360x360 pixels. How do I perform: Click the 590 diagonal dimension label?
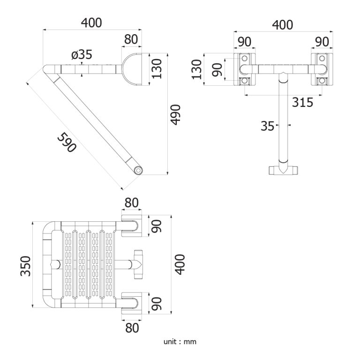67,142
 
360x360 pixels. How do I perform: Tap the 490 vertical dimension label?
176,115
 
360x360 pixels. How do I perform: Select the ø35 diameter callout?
82,55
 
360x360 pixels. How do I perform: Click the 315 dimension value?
302,102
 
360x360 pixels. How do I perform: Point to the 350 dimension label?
25,266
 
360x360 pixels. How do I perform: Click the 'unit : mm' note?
180,342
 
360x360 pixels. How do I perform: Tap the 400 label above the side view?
91,22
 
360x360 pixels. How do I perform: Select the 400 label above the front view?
282,25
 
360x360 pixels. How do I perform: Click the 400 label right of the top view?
180,264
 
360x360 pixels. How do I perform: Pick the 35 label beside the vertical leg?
268,126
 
